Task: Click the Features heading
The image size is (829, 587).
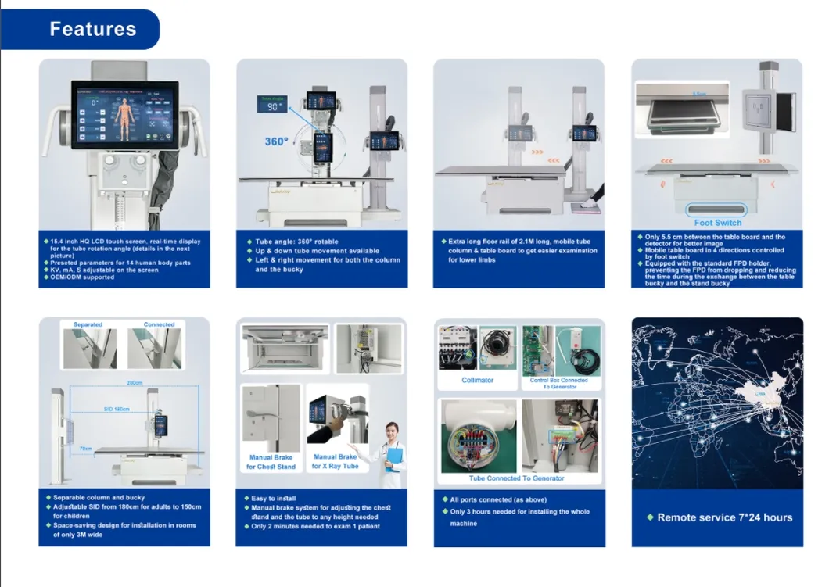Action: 92,30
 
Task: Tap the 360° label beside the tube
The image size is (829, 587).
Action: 275,141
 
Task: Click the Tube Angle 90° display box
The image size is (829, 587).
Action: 272,105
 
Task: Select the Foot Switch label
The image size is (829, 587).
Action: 717,223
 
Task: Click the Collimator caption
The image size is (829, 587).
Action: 477,381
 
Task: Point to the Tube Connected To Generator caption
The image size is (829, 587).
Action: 516,478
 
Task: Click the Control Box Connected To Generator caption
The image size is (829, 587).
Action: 559,383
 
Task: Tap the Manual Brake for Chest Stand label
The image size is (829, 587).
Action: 271,462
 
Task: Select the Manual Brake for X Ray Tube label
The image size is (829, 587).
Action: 335,462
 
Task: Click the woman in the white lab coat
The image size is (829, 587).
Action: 389,449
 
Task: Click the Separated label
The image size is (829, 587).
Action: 88,324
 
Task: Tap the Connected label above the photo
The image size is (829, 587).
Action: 159,324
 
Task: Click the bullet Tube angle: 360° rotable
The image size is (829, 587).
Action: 296,242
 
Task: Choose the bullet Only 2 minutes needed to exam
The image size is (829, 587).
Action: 314,527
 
